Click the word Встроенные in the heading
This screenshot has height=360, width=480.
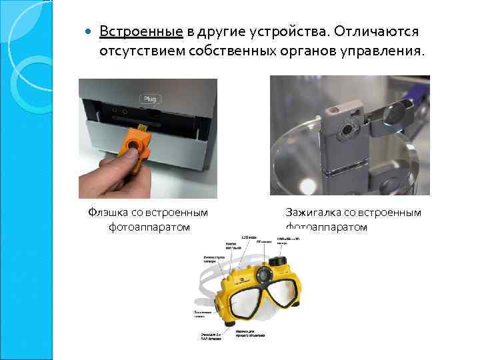click(x=141, y=32)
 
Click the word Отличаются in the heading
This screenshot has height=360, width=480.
click(x=377, y=32)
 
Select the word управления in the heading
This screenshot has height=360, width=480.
click(x=385, y=51)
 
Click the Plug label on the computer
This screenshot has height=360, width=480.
click(x=149, y=99)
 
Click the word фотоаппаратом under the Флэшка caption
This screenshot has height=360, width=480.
click(x=149, y=227)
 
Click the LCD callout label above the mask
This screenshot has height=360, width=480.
click(x=248, y=238)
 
